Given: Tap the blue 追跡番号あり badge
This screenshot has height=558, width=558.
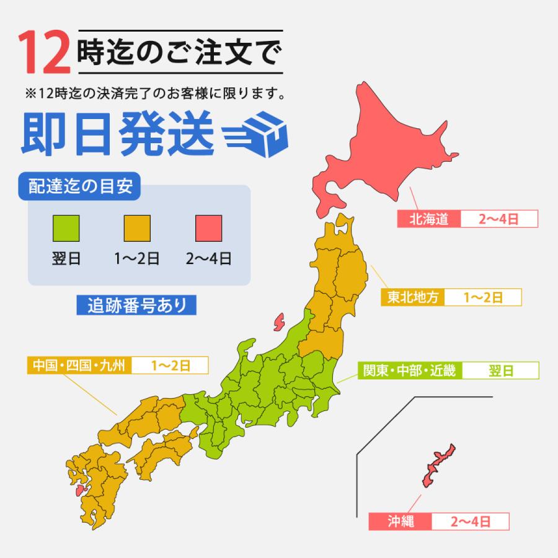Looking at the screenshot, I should coord(131,305).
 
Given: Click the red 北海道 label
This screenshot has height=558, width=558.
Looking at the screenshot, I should coord(428,219).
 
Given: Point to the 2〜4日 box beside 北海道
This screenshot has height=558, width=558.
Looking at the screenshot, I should coord(498,219).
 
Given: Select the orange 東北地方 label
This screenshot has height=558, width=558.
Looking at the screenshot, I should coord(412,297).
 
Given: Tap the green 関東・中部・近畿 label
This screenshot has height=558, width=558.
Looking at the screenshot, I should coord(410,371).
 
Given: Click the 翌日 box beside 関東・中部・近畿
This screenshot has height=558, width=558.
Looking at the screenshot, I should coord(500,371).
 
